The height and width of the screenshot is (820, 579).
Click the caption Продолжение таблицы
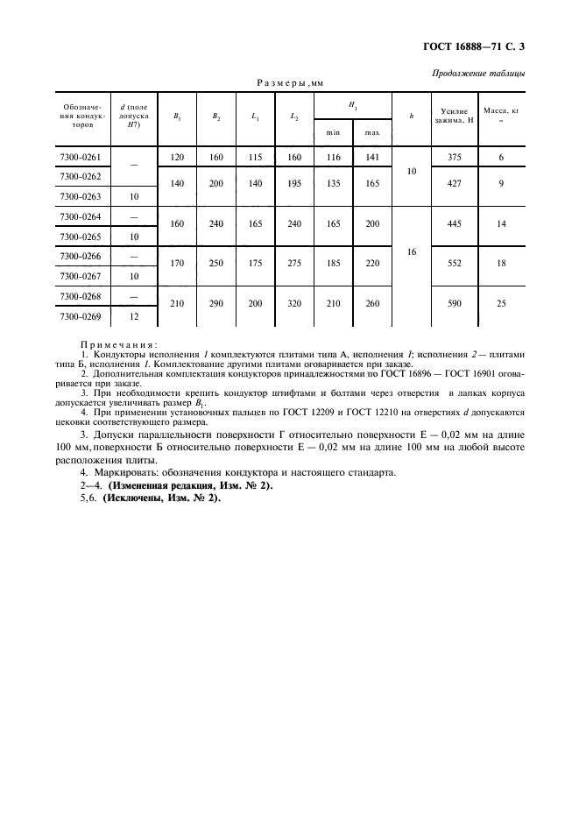tap(479, 73)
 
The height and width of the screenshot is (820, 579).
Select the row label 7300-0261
tap(81, 158)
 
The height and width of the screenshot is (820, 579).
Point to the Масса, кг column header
tap(502, 113)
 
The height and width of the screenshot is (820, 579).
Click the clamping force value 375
tap(454, 158)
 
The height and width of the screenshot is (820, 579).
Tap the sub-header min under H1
tap(334, 132)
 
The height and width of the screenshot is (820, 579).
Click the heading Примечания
tap(118, 344)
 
